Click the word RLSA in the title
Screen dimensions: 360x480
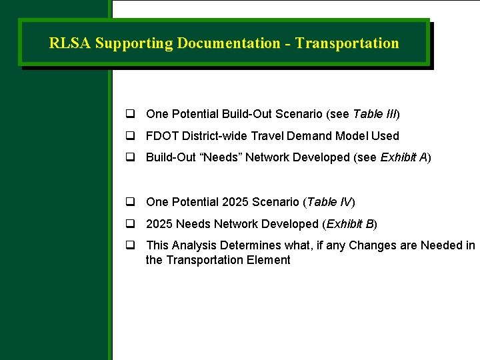click(x=70, y=43)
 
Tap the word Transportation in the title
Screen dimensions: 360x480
click(x=347, y=43)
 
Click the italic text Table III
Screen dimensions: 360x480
click(x=375, y=114)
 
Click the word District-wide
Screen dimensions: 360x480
click(x=215, y=136)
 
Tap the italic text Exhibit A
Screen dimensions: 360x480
click(x=403, y=157)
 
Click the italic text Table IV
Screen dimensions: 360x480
click(x=329, y=202)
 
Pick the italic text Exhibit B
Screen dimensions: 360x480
click(x=351, y=224)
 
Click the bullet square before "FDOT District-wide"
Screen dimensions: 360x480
click(x=131, y=136)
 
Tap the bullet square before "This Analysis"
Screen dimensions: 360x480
click(x=131, y=246)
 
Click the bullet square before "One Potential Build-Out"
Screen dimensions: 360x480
click(x=131, y=114)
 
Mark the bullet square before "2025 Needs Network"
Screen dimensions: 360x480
click(x=131, y=224)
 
